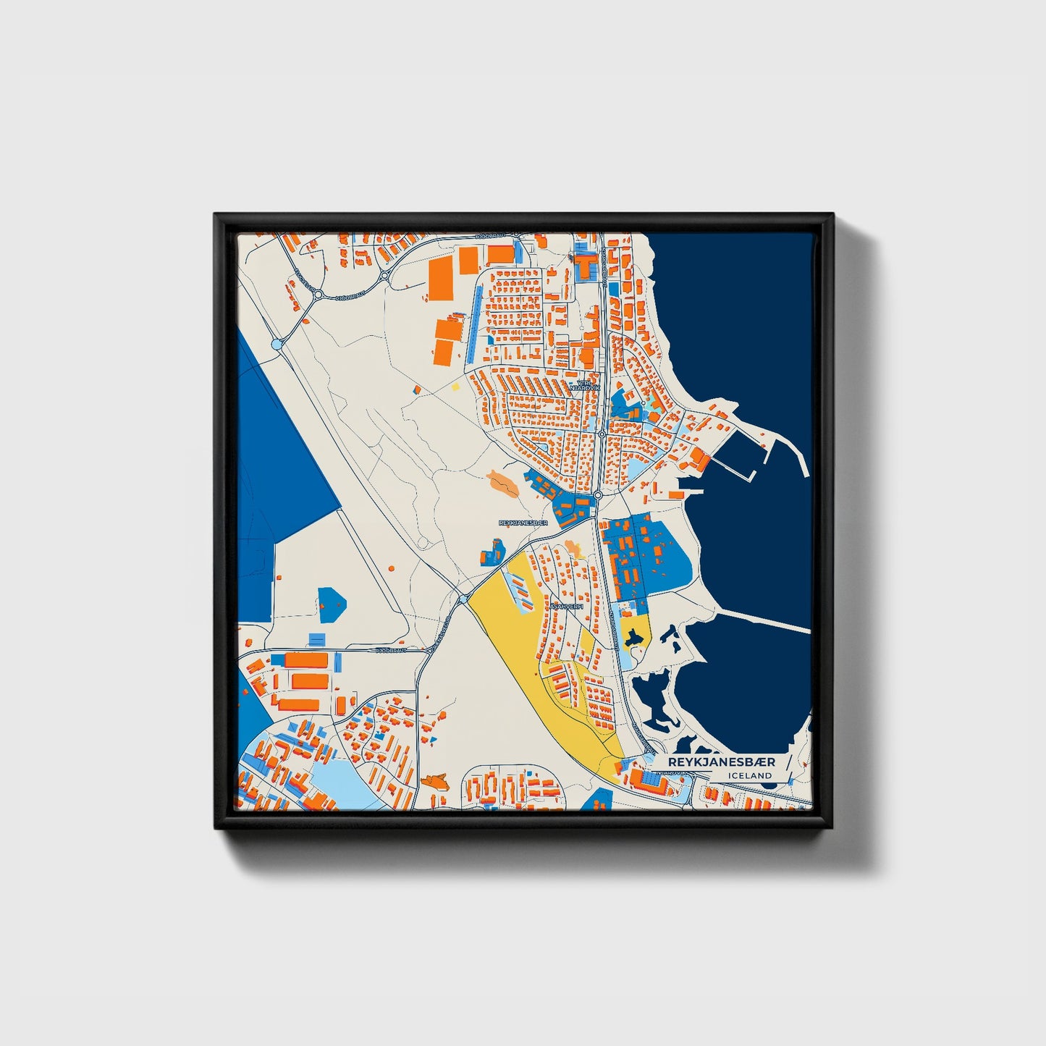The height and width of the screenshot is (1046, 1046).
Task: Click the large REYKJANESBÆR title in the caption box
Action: (x=721, y=762)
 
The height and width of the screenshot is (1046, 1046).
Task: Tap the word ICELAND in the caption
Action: (x=751, y=775)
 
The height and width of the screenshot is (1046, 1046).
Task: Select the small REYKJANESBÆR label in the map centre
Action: (x=523, y=522)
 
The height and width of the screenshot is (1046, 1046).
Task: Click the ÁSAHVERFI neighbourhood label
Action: (x=566, y=607)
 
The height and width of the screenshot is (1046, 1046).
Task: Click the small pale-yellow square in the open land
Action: (x=455, y=386)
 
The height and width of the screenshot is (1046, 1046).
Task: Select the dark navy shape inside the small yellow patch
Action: (x=635, y=637)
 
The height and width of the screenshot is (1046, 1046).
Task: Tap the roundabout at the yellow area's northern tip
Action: (x=463, y=599)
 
